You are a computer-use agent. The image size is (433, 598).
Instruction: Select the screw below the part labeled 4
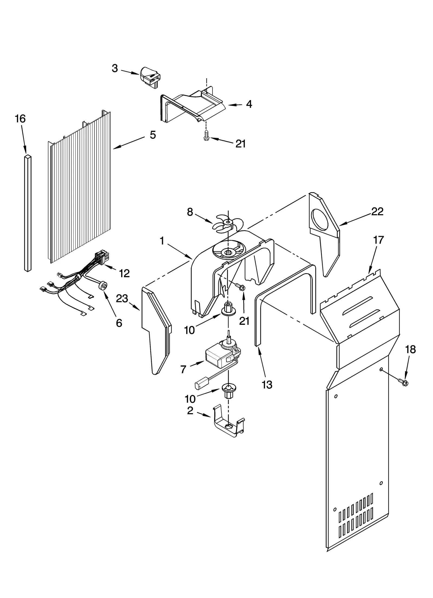(206, 135)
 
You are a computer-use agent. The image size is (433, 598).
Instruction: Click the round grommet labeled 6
(103, 286)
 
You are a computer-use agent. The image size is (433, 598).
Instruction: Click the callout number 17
(378, 240)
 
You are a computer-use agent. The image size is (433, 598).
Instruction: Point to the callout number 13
(267, 384)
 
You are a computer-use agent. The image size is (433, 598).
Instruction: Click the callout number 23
(122, 299)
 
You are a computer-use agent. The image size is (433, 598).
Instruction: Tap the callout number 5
(153, 135)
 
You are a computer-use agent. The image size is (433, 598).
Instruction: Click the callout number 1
(162, 241)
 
